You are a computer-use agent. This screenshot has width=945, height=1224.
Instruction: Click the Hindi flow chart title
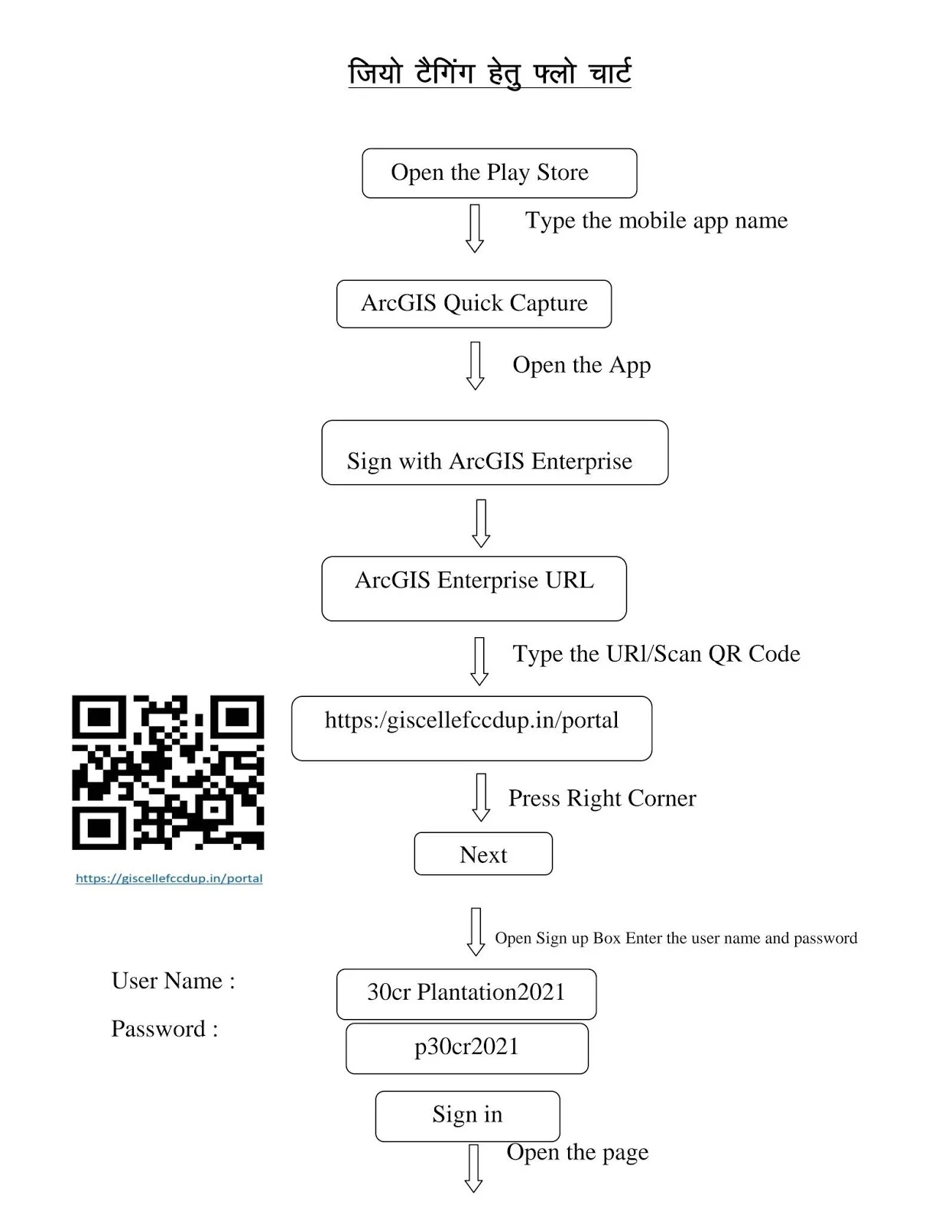click(489, 73)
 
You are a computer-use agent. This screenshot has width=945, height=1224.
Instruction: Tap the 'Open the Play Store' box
click(499, 173)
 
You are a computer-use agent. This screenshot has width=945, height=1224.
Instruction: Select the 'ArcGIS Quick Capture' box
click(474, 304)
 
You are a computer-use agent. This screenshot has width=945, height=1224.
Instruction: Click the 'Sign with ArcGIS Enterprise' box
click(495, 452)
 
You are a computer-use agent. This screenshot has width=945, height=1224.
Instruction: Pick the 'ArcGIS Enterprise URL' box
click(474, 588)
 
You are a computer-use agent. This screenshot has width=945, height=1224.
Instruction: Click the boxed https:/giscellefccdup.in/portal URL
click(472, 728)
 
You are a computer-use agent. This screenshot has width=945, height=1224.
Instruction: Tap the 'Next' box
click(483, 854)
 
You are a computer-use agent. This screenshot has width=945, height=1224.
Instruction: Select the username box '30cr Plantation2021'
click(466, 994)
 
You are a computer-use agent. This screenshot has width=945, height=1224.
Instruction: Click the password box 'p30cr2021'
click(466, 1048)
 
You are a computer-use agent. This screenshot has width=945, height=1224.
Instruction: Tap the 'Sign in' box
click(467, 1116)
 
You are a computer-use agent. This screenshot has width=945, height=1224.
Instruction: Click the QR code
click(167, 772)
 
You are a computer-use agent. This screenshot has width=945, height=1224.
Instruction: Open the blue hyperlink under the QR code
click(169, 878)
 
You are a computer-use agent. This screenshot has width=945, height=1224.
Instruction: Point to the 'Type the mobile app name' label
click(656, 221)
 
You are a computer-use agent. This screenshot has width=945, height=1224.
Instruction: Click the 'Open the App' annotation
click(581, 366)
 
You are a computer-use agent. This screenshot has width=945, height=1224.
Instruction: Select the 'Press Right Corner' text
click(602, 798)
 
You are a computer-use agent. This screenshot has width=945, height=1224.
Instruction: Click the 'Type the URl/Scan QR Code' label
click(656, 654)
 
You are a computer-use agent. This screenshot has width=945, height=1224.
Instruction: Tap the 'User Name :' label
click(173, 981)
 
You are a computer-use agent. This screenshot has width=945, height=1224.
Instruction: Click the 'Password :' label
click(164, 1029)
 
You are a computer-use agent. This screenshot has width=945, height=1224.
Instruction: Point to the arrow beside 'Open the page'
click(473, 1168)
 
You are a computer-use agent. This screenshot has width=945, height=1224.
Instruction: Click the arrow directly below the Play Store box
click(475, 229)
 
